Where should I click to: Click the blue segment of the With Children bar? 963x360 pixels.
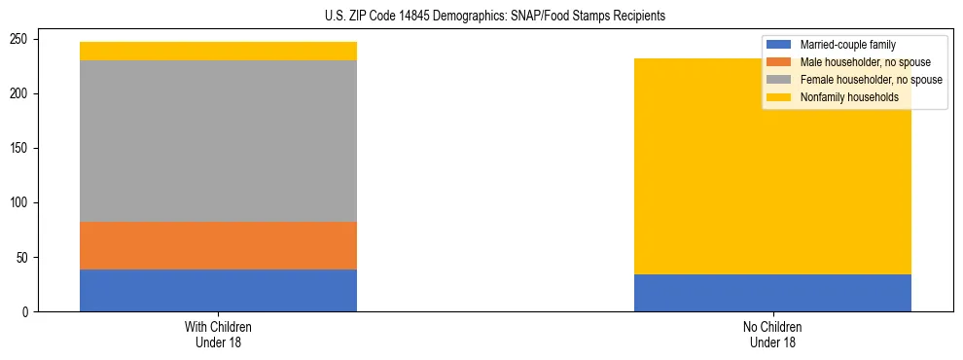218,290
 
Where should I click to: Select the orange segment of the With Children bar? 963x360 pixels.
218,245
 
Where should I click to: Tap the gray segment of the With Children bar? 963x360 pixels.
218,141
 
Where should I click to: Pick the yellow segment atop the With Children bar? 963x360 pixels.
218,51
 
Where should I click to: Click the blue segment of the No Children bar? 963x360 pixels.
772,293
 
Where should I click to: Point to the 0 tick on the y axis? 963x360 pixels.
29,312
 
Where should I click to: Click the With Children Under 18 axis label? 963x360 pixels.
218,334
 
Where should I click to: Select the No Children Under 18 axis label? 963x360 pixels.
772,334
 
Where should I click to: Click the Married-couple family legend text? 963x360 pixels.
847,45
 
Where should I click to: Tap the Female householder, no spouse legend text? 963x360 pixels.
871,80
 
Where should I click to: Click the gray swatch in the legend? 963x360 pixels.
779,80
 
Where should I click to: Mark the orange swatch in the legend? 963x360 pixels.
779,62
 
